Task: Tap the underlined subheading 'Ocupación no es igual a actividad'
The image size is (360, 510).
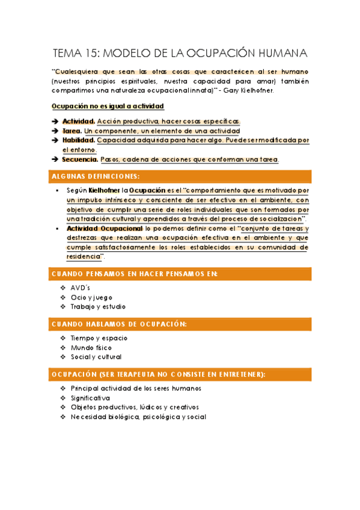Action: click(108, 106)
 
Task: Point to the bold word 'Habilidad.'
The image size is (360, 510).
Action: click(78, 140)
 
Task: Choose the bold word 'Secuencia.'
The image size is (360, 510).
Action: click(80, 159)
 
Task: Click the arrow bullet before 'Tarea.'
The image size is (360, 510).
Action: click(55, 131)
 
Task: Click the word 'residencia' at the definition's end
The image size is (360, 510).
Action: click(83, 256)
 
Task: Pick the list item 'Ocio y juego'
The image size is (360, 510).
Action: click(91, 297)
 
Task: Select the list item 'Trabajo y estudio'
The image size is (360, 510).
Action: click(98, 307)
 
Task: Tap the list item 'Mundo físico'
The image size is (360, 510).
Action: click(91, 348)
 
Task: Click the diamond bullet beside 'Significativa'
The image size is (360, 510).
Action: click(63, 398)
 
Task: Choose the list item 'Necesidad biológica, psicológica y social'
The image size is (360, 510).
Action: click(138, 417)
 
